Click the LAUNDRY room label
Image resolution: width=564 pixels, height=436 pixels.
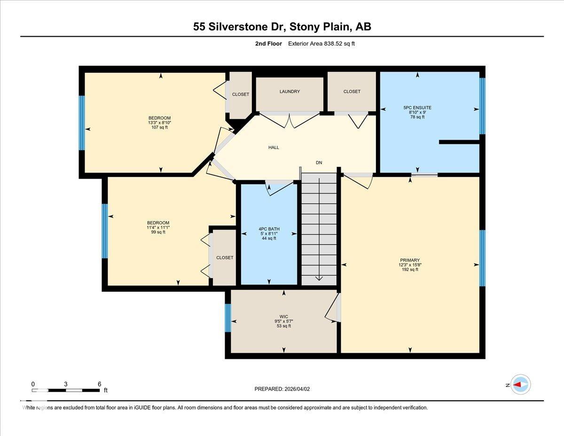tap(290, 92)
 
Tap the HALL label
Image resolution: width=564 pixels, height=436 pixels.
tap(274, 148)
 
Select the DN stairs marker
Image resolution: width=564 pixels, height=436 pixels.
tap(319, 163)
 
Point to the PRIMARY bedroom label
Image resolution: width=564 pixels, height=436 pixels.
tap(410, 260)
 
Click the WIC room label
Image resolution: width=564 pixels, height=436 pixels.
tap(283, 317)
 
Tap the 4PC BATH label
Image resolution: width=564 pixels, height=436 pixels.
tap(269, 229)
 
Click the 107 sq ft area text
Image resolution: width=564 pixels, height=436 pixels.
tap(159, 127)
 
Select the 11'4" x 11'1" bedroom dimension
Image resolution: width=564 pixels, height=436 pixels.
tap(158, 228)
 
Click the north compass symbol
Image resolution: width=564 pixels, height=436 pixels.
tap(520, 385)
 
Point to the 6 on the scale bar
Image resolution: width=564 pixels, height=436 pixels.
tap(99, 384)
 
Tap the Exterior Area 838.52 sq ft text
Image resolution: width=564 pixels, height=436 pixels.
tap(324, 44)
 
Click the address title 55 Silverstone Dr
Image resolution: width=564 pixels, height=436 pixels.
tap(282, 27)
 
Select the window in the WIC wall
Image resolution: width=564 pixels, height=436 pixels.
tap(228, 318)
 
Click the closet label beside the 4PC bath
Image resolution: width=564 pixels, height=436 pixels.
tap(225, 258)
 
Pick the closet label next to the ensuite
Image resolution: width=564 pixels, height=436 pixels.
tap(352, 92)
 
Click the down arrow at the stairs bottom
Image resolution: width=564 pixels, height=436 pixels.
tap(319, 277)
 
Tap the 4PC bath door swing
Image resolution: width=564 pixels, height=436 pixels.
tap(279, 188)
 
